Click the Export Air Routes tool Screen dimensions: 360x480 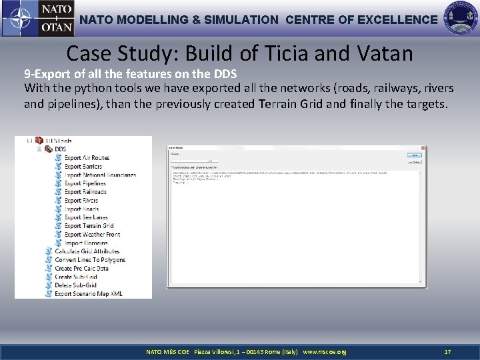click(87, 158)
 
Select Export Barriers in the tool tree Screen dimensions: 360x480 click(83, 167)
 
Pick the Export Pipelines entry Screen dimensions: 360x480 click(85, 183)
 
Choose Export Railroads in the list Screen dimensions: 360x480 click(85, 192)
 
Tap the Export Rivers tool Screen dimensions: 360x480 click(81, 201)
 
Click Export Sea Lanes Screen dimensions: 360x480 click(85, 217)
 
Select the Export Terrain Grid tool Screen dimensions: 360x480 click(89, 226)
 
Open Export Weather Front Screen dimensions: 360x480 click(92, 235)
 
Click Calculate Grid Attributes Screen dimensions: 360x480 click(87, 251)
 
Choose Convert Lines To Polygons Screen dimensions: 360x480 click(89, 260)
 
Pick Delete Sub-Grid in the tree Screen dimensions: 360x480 click(75, 285)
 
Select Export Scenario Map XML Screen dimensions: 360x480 click(88, 294)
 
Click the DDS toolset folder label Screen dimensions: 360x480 click(60, 149)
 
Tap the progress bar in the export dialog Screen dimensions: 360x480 click(193, 161)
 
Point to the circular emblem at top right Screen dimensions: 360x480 click(461, 19)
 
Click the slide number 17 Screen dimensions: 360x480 click(447, 351)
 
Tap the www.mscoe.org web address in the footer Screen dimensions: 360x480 click(325, 351)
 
